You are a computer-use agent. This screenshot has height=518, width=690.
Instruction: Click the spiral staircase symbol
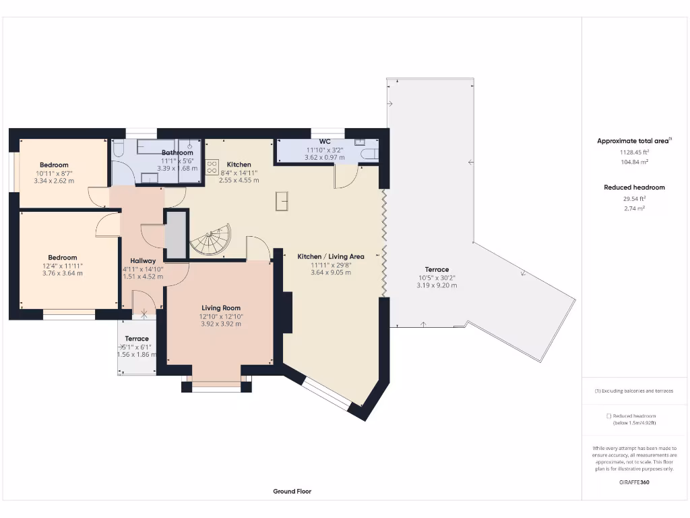[210, 239]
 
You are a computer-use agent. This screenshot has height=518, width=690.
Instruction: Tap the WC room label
[324, 142]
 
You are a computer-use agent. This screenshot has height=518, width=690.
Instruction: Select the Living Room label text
[220, 308]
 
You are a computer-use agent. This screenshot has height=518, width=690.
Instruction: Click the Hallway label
[143, 261]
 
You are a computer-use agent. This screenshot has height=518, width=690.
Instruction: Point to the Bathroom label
[177, 153]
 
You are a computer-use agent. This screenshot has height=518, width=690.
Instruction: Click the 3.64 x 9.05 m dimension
[327, 272]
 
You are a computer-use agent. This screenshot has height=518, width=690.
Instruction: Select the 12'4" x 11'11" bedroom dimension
[62, 266]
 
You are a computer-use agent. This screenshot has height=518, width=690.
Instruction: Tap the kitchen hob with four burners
[212, 166]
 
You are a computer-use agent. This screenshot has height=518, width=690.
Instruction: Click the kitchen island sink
[282, 201]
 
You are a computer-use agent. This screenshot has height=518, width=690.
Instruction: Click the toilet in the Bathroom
[117, 149]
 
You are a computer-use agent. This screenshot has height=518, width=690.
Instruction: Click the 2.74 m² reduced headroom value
[634, 209]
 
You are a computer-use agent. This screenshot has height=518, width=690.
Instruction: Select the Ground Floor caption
[292, 492]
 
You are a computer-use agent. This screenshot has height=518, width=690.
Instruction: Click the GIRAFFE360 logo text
[633, 482]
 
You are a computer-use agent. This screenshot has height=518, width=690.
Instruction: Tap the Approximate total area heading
[633, 141]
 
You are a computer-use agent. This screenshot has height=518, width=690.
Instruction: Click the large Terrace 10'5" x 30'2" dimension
[436, 278]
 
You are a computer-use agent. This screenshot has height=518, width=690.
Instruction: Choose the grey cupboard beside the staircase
[175, 234]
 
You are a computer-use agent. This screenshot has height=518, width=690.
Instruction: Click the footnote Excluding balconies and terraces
[633, 391]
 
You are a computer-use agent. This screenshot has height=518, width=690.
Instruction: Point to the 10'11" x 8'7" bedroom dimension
[53, 173]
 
